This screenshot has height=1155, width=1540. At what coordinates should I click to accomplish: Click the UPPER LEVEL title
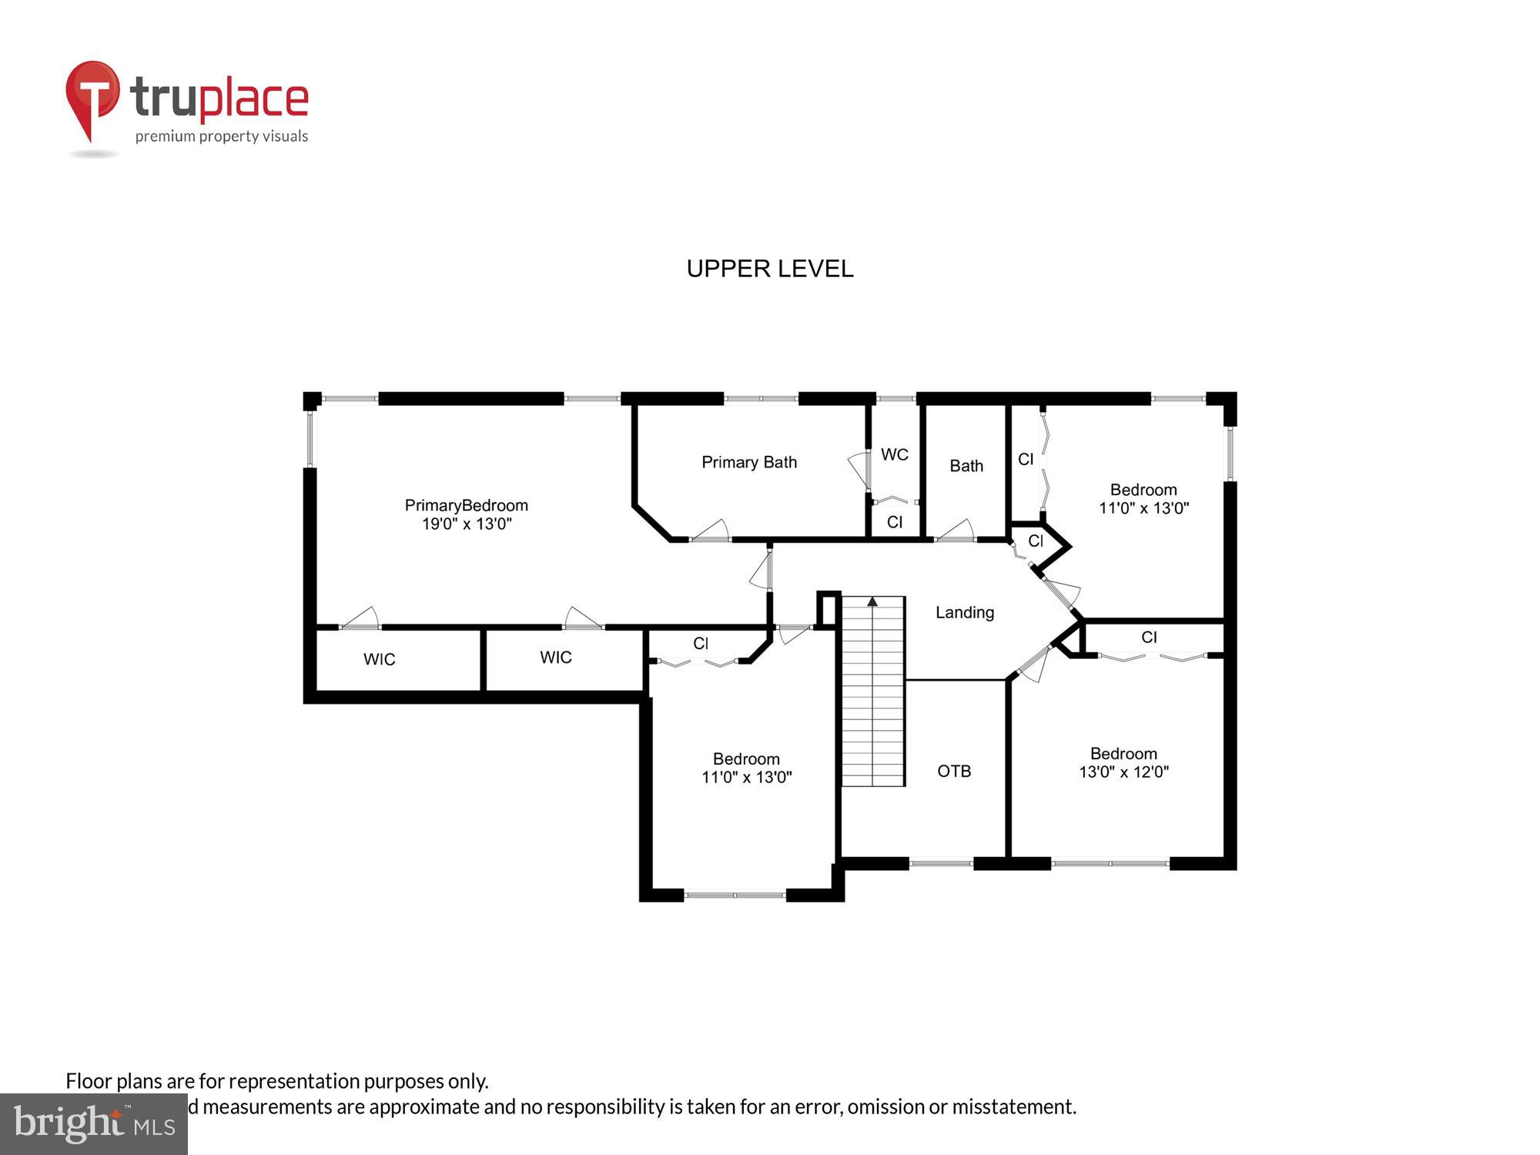click(x=769, y=269)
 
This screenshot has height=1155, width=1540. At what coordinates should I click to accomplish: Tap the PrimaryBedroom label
click(x=467, y=506)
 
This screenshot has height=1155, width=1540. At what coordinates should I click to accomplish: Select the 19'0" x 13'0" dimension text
click(x=467, y=524)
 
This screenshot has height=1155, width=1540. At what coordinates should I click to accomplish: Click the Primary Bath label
click(x=748, y=463)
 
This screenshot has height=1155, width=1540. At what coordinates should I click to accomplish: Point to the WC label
click(x=894, y=455)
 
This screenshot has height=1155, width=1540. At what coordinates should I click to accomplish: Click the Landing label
click(x=965, y=613)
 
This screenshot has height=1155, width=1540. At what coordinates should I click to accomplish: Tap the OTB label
click(x=954, y=772)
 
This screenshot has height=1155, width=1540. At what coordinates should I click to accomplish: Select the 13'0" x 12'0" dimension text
click(x=1123, y=772)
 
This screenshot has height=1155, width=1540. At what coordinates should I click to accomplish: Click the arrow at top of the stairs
click(x=872, y=601)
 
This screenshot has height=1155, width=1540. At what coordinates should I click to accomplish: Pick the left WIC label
click(x=379, y=660)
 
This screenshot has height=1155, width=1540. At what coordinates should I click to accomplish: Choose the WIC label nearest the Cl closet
click(x=555, y=658)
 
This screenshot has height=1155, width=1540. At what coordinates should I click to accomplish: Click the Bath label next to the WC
click(x=966, y=467)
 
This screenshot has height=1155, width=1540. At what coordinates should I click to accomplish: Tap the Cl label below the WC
click(x=894, y=523)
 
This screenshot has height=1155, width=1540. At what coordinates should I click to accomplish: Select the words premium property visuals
click(x=222, y=137)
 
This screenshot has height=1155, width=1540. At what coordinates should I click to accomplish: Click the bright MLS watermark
click(x=93, y=1124)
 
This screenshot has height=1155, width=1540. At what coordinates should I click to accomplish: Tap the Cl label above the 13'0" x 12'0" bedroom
click(x=1149, y=638)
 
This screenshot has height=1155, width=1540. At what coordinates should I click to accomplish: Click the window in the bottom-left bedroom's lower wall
click(x=735, y=896)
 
